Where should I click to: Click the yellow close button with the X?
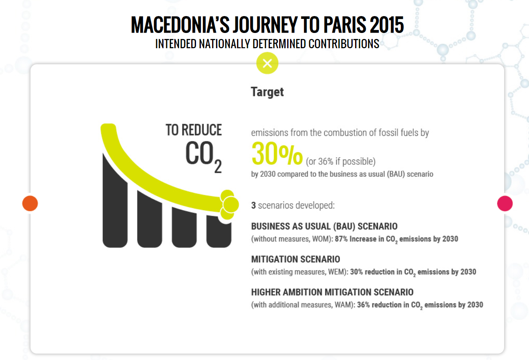click(267, 63)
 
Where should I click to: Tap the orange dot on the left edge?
click(30, 203)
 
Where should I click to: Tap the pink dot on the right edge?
click(505, 203)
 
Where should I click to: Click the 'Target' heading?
click(267, 92)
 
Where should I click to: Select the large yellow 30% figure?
click(277, 153)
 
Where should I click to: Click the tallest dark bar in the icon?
click(115, 201)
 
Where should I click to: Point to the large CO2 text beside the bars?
click(204, 156)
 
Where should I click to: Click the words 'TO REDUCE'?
click(194, 130)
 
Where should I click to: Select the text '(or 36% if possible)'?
click(341, 162)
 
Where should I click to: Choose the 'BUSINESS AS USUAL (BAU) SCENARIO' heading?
click(324, 226)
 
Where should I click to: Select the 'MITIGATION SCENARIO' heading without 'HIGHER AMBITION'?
click(296, 259)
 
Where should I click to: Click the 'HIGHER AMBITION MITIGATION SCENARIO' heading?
click(332, 292)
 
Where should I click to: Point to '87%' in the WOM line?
click(341, 239)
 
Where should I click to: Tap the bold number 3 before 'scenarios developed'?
click(253, 205)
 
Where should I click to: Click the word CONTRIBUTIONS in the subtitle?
click(344, 44)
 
